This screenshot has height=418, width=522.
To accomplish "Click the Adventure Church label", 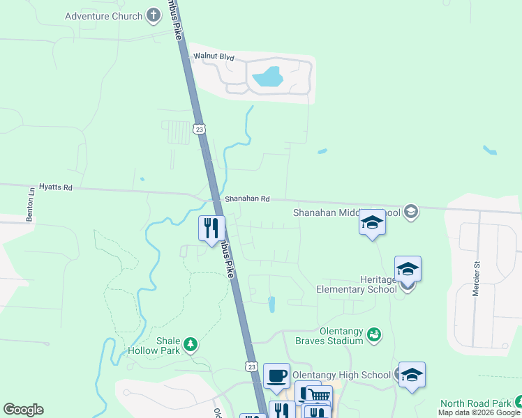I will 103,16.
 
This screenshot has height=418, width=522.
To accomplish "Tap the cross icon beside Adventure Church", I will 154,15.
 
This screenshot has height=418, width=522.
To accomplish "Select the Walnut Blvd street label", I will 215,56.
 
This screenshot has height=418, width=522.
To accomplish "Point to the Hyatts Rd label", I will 56,187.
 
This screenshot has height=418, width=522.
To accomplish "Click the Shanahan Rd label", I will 246,199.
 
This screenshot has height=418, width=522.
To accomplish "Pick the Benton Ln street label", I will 31,204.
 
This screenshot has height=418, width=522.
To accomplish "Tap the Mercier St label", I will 477,279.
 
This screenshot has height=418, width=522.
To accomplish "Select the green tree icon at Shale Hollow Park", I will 189,343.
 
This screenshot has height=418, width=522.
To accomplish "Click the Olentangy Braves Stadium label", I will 329,336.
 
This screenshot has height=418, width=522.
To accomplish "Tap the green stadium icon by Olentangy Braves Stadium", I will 375,335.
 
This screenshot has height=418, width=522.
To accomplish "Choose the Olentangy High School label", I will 341,375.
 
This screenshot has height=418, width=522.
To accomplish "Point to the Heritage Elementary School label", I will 356,284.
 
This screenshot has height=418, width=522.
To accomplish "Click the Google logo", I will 23,410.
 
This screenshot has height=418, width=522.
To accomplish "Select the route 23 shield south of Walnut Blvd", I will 200,129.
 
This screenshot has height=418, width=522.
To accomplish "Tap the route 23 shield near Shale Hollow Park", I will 251,366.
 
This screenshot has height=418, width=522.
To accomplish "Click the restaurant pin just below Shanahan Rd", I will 211,228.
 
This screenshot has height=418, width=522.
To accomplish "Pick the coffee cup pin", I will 278,376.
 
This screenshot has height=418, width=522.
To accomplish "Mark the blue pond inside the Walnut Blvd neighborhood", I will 267,76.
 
